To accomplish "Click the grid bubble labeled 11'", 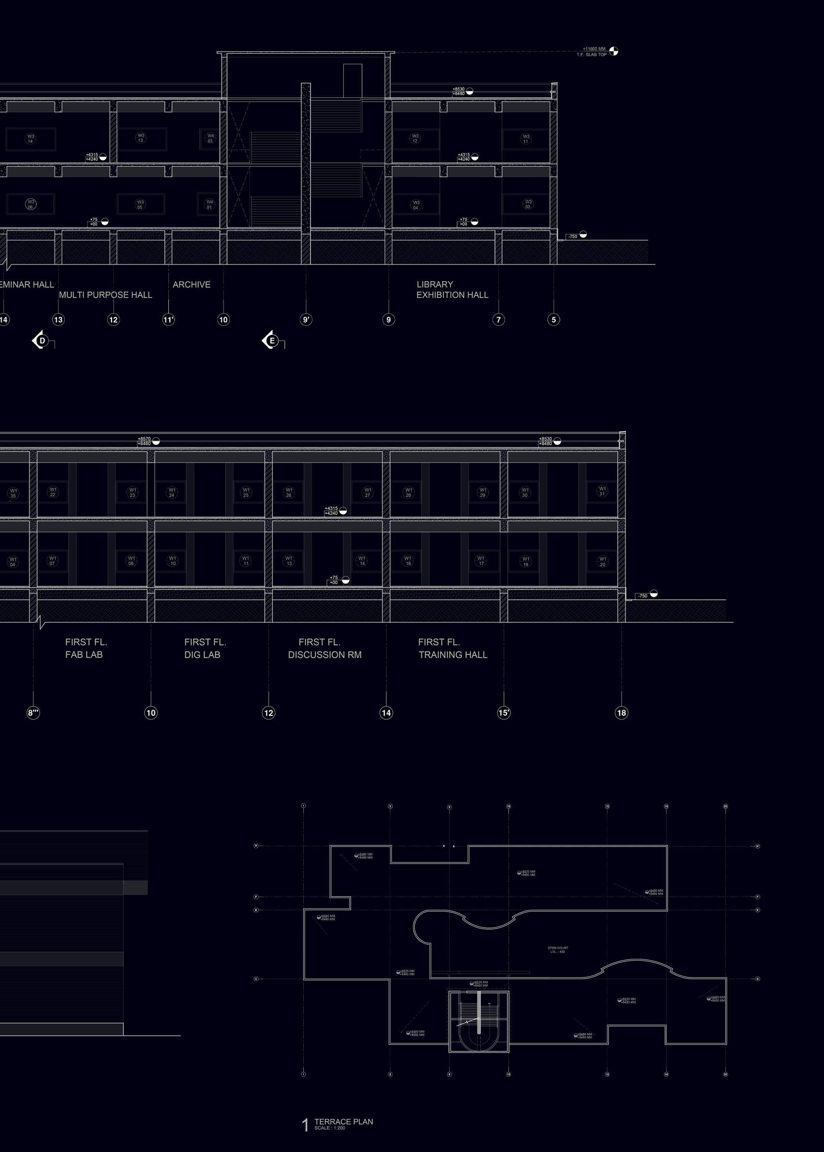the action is [169, 320].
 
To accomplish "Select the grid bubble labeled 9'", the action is [306, 320].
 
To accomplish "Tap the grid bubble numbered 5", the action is [553, 320].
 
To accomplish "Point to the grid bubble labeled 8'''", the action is [33, 713].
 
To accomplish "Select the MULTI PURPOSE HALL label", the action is [105, 294].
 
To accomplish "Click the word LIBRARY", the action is [435, 285].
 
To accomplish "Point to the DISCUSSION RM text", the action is [325, 655].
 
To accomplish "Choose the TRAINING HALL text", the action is [453, 655].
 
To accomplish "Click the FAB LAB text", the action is [84, 655].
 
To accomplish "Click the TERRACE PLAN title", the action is [344, 1122].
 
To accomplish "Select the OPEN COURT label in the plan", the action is [557, 948].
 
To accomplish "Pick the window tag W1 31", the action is [602, 491].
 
